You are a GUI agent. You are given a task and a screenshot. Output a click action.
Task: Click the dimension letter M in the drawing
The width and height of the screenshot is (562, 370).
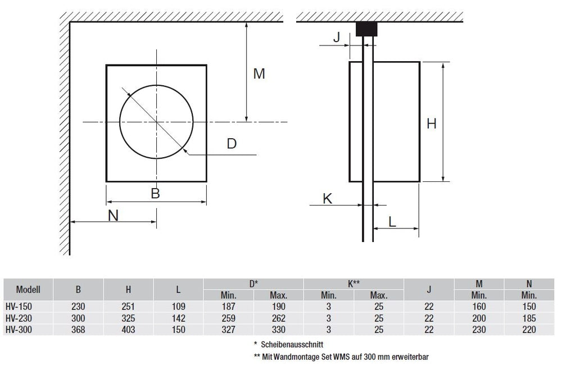coord(259,74)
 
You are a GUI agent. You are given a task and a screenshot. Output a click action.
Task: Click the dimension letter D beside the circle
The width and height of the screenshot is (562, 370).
coord(231,144)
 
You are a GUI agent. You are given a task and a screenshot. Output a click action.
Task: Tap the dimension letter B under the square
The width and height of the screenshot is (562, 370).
coord(156,194)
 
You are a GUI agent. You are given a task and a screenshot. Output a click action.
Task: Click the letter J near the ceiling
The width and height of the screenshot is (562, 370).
coord(337,38)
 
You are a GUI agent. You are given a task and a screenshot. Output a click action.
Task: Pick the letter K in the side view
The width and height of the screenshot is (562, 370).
coord(328,198)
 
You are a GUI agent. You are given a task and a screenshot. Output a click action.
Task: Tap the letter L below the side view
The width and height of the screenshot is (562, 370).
coord(392,222)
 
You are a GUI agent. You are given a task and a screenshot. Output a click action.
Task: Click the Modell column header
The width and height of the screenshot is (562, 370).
coord(29,290)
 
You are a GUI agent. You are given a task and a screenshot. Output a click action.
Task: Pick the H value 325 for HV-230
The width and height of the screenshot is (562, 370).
coord(129,318)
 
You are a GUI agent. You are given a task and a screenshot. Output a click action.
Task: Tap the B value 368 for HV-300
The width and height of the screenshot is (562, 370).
coord(78,330)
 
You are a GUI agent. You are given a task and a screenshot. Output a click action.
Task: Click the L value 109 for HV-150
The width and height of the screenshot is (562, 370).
coord(178,307)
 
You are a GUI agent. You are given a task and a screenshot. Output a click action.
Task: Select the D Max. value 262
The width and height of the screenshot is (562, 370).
coord(278,318)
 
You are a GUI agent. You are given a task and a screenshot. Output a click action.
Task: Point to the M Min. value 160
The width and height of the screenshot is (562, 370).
coord(478,307)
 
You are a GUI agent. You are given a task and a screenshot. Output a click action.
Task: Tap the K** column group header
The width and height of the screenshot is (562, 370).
coord(353,284)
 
